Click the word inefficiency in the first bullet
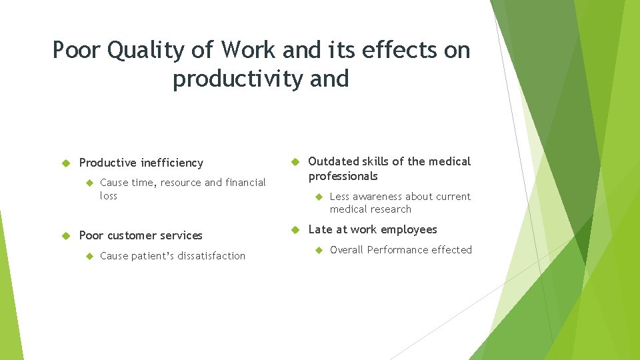(171, 163)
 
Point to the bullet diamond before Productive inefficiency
(66, 163)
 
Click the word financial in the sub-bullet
(245, 183)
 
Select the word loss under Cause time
(108, 196)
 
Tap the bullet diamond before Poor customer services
(66, 235)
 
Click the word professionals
(343, 176)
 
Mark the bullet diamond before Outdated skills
(295, 161)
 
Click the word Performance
(399, 250)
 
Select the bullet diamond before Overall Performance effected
(318, 250)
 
